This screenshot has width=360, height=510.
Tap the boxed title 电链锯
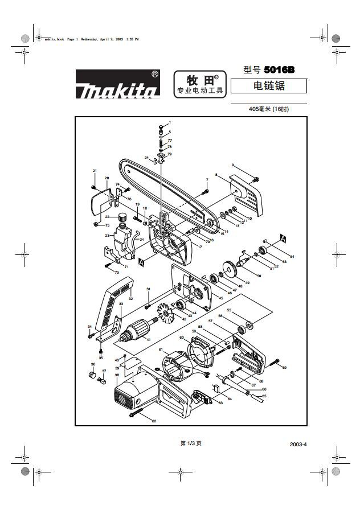(269, 86)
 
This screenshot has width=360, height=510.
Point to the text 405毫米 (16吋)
(269, 109)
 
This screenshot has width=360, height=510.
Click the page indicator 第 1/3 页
(191, 443)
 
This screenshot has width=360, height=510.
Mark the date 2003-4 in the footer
(298, 445)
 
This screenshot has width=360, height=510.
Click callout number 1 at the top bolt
(169, 122)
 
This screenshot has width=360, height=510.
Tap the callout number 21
(95, 170)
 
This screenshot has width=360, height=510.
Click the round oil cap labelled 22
(121, 216)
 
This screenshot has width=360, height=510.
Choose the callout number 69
(284, 368)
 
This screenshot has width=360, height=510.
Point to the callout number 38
(117, 375)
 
